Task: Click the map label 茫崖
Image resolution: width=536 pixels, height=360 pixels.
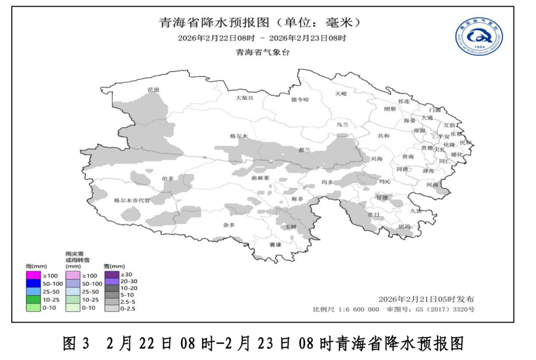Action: pos(154,89)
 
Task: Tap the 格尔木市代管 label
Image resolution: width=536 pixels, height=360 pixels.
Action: pos(132,200)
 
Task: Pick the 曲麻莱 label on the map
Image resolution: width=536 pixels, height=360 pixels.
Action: pos(261,178)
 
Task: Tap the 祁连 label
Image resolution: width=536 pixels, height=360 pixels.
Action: pos(404,101)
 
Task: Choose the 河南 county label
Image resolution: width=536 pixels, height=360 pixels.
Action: pos(432,184)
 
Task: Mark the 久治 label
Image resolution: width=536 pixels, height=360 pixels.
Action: pos(417,210)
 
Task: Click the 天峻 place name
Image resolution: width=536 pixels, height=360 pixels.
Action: pos(341,93)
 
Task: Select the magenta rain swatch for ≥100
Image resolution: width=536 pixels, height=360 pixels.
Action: pos(33,275)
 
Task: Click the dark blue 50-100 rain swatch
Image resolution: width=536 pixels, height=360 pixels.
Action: pos(33,284)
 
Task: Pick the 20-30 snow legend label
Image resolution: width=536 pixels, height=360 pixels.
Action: pos(129,281)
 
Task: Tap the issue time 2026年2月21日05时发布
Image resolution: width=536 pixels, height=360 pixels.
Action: pos(426,299)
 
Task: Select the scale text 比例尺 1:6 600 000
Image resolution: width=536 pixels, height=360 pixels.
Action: pos(346,309)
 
